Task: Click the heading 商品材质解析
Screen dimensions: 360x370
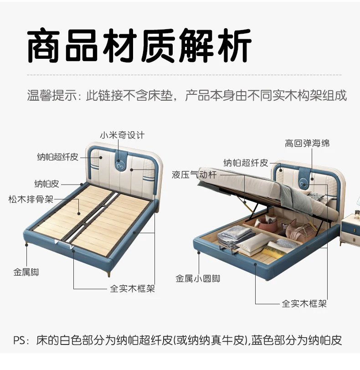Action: [x=139, y=45]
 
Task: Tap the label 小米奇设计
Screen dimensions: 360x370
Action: [x=122, y=135]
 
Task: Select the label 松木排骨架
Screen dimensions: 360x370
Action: [x=31, y=200]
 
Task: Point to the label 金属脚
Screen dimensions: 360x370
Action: [x=26, y=272]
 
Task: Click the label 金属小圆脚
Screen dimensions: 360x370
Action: [x=198, y=279]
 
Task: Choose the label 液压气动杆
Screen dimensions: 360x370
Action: [x=194, y=175]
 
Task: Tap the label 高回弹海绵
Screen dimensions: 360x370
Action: [x=307, y=143]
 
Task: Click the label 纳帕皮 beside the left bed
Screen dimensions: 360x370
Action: [x=47, y=184]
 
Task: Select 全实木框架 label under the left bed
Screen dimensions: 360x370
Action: [x=132, y=288]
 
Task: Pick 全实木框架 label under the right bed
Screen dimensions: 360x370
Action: [x=304, y=303]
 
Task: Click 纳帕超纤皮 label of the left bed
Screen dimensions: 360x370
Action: [x=57, y=157]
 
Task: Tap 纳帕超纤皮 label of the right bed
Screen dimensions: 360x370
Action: [x=246, y=163]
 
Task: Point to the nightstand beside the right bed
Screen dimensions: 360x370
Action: [x=350, y=228]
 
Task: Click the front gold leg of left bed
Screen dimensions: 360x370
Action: [x=109, y=272]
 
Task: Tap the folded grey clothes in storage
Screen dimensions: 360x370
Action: [x=236, y=236]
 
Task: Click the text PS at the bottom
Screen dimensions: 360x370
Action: [x=19, y=340]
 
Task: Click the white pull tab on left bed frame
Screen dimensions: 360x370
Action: [x=64, y=244]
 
